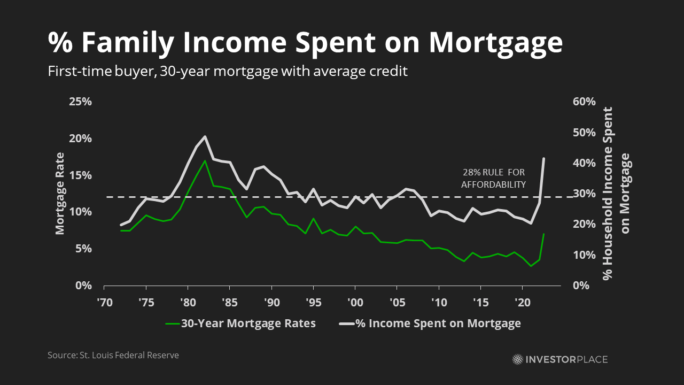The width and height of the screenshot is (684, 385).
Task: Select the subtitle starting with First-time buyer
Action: point(228,71)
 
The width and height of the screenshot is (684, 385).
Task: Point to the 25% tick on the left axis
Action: point(81,102)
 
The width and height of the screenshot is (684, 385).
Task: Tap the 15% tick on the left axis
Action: point(81,175)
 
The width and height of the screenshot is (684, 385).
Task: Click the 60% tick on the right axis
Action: point(584,102)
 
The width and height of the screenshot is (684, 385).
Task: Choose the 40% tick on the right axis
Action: point(584,163)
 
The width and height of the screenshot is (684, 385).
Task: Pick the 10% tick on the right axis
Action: point(584,255)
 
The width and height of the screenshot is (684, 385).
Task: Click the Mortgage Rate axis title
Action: point(60,194)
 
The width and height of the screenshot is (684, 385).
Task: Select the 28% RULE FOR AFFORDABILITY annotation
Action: point(494,179)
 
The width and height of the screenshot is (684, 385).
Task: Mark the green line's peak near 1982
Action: point(205,160)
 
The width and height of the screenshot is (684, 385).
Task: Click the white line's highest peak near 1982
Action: point(205,137)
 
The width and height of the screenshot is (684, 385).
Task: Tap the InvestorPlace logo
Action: point(559,359)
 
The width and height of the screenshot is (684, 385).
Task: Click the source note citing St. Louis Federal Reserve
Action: point(113,355)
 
